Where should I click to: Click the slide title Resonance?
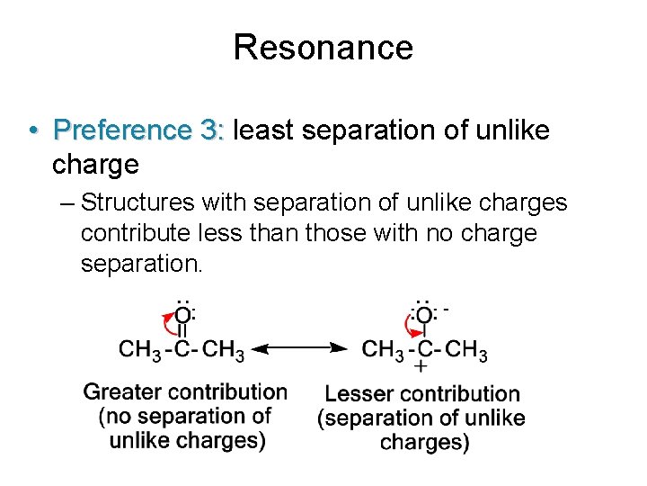[x=323, y=47]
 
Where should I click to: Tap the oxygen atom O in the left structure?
[x=182, y=315]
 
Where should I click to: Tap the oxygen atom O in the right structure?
[x=422, y=315]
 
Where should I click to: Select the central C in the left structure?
[x=182, y=349]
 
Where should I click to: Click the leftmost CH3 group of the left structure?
[x=140, y=349]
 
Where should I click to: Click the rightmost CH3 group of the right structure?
[x=466, y=349]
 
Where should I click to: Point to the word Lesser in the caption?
[x=359, y=393]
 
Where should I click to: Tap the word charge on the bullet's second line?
[x=95, y=165]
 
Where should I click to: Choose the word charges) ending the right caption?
[x=424, y=442]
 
